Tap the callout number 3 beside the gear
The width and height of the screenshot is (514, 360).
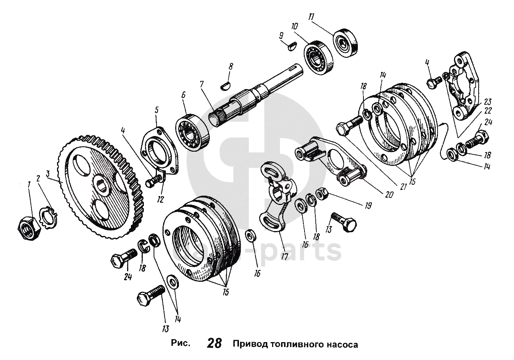pos(47,174)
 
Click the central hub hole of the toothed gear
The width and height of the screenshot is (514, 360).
pos(101,184)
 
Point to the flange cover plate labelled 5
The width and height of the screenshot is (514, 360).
pos(159,149)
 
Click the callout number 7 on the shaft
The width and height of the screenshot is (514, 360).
pos(202,84)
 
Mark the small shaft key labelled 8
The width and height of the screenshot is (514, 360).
pos(224,85)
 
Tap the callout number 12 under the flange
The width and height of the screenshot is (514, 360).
pos(160,199)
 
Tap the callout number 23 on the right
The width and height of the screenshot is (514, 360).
pos(488,101)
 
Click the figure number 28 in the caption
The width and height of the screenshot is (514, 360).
pos(214,343)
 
